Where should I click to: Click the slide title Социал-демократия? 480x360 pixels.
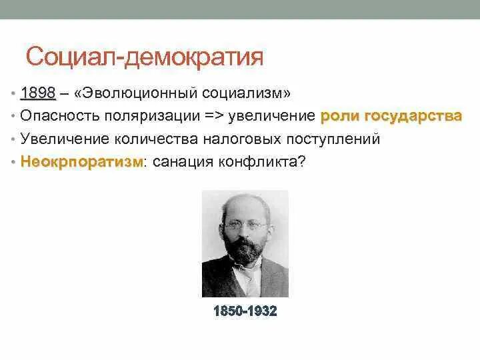[145, 57]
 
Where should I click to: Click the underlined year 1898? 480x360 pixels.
[37, 93]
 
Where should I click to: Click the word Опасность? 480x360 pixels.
[59, 116]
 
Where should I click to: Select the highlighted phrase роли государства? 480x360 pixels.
[391, 116]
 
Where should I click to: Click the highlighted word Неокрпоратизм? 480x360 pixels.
[81, 162]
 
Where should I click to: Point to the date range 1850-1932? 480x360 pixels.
[245, 311]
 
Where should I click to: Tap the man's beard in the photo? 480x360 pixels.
[245, 252]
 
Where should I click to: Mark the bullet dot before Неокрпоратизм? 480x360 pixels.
[13, 163]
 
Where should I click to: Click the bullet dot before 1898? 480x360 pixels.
[13, 93]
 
